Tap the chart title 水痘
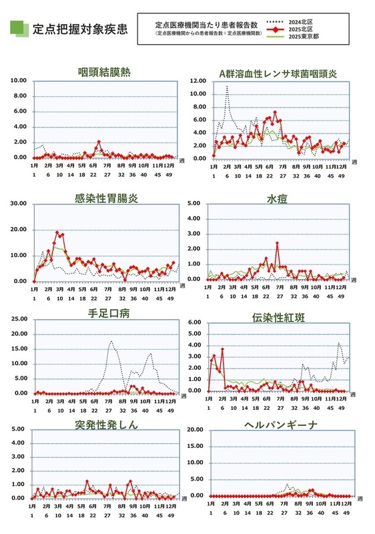pyautogui.click(x=277, y=198)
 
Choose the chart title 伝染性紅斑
pyautogui.click(x=277, y=318)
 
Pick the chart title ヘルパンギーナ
pyautogui.click(x=278, y=425)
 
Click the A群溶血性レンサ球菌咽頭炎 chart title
pyautogui.click(x=277, y=72)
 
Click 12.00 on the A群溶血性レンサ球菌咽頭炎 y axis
pyautogui.click(x=198, y=81)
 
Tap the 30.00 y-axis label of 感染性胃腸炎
pyautogui.click(x=17, y=204)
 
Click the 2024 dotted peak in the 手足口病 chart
pyautogui.click(x=111, y=342)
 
